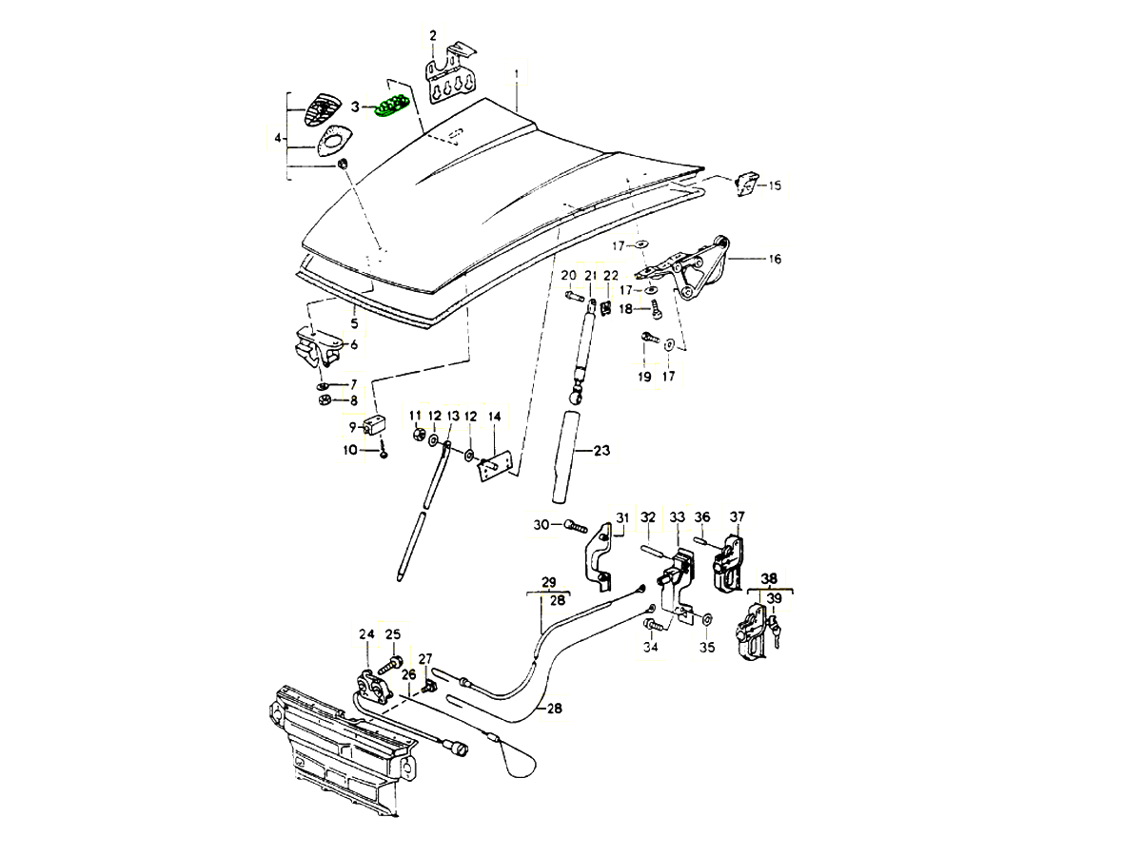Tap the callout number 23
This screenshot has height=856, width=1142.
[601, 451]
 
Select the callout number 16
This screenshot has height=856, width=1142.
[775, 259]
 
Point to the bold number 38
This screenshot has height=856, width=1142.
[769, 577]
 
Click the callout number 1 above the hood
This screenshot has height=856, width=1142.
[517, 73]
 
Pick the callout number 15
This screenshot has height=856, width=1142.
[775, 185]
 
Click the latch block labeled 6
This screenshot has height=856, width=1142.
[316, 348]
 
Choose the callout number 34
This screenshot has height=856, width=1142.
[651, 648]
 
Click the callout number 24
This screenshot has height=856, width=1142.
[366, 634]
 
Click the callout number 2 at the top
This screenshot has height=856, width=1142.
[433, 36]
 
